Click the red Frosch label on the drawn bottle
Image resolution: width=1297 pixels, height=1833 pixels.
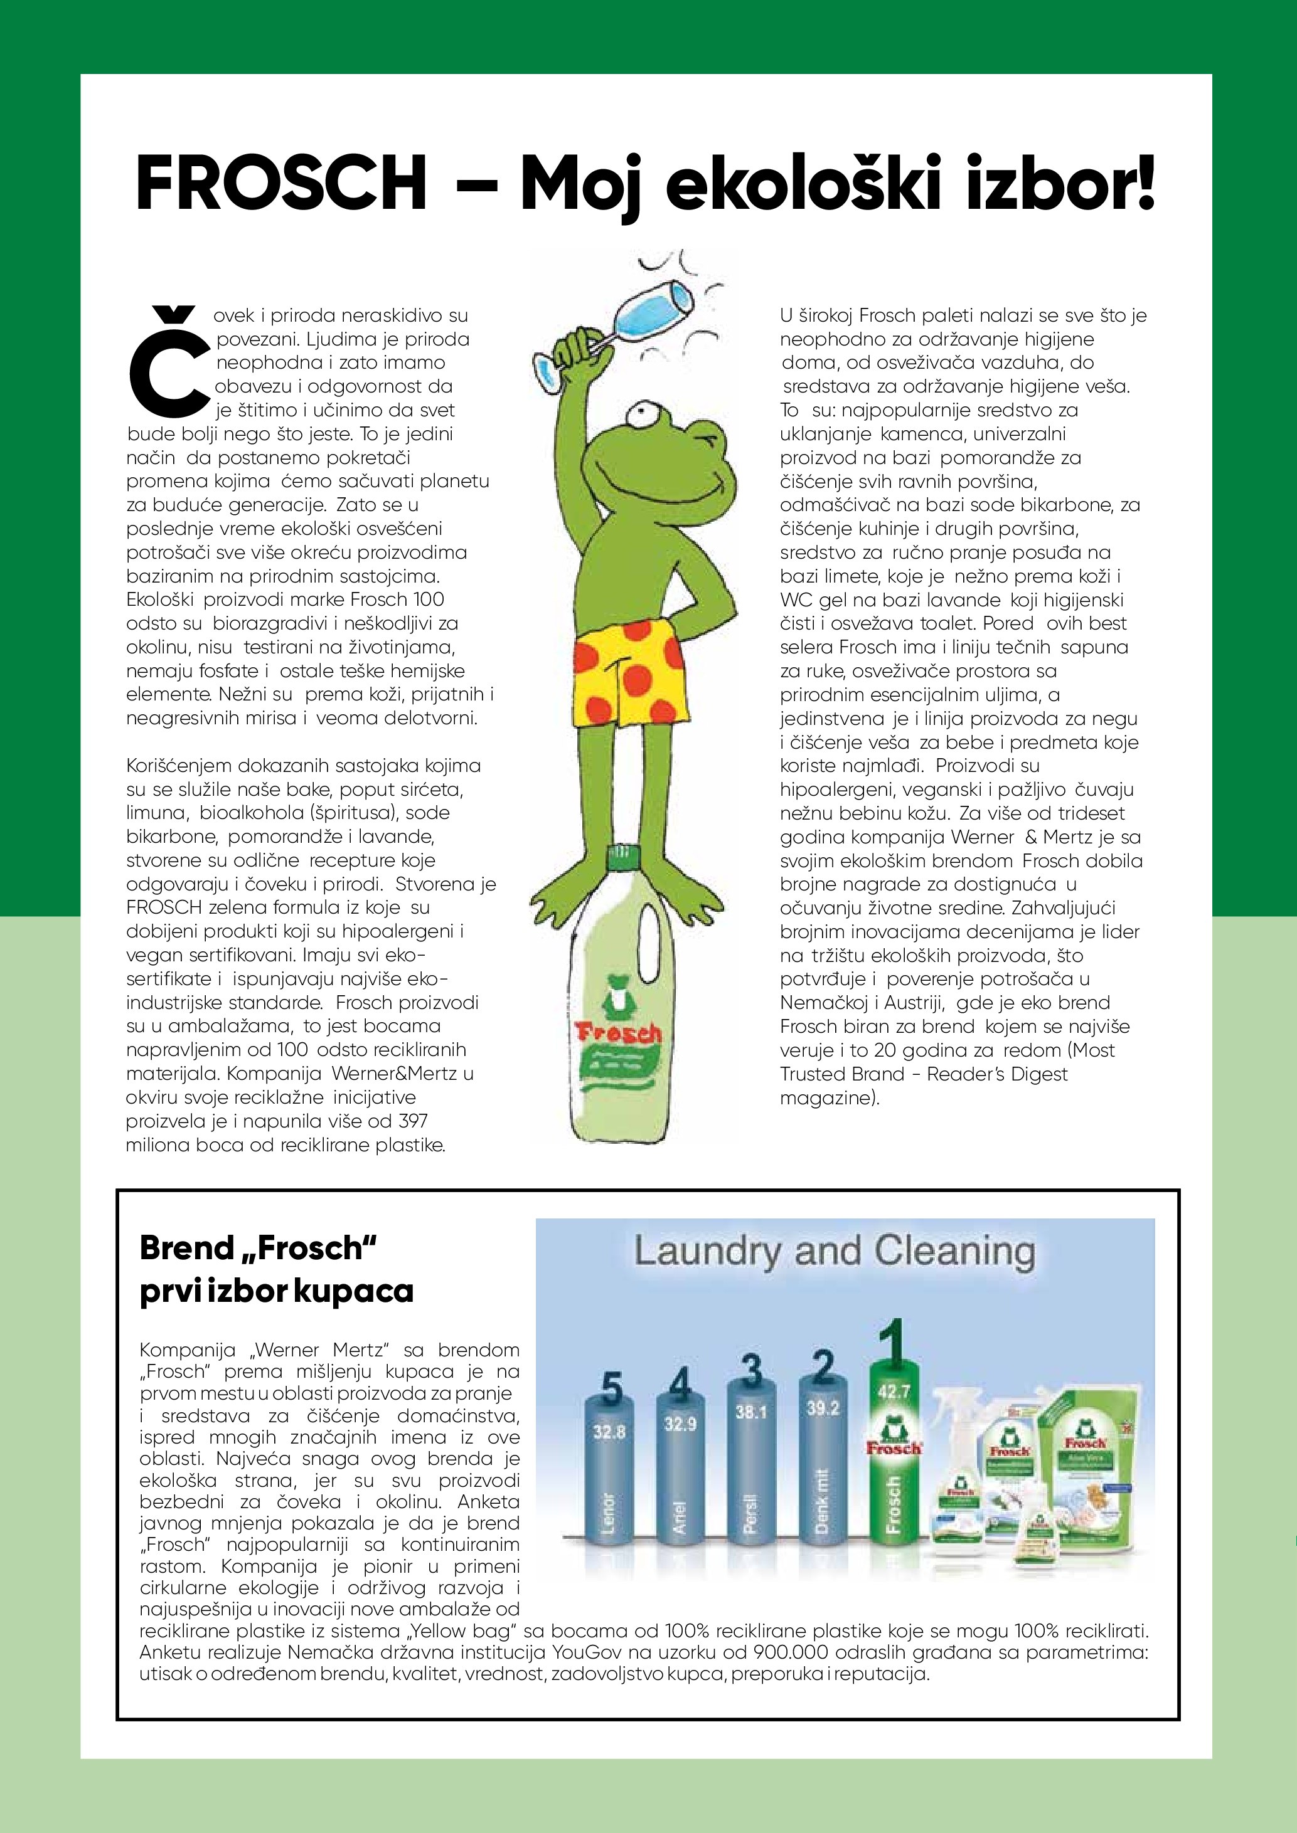(x=618, y=1035)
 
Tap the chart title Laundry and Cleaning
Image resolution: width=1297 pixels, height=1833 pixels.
(x=834, y=1251)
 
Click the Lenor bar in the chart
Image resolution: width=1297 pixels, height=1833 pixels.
(x=609, y=1485)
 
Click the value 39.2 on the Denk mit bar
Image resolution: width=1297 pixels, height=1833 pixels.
(x=822, y=1408)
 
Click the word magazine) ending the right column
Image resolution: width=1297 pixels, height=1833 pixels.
(x=829, y=1097)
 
